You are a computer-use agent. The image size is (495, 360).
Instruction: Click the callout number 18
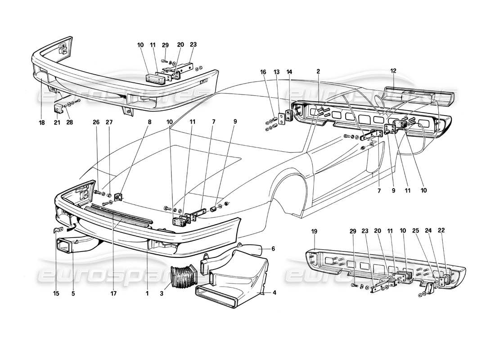(x=42, y=122)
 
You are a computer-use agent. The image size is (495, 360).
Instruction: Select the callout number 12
(x=393, y=70)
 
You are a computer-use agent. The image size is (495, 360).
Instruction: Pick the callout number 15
(x=56, y=294)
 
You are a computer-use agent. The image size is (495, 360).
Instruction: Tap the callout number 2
(x=318, y=71)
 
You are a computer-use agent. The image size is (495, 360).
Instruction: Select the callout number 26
(x=96, y=122)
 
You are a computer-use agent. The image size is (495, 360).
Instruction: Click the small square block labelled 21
(x=58, y=108)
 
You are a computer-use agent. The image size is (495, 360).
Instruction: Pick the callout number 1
(x=147, y=294)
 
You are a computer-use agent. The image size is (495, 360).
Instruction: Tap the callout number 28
(x=69, y=122)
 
